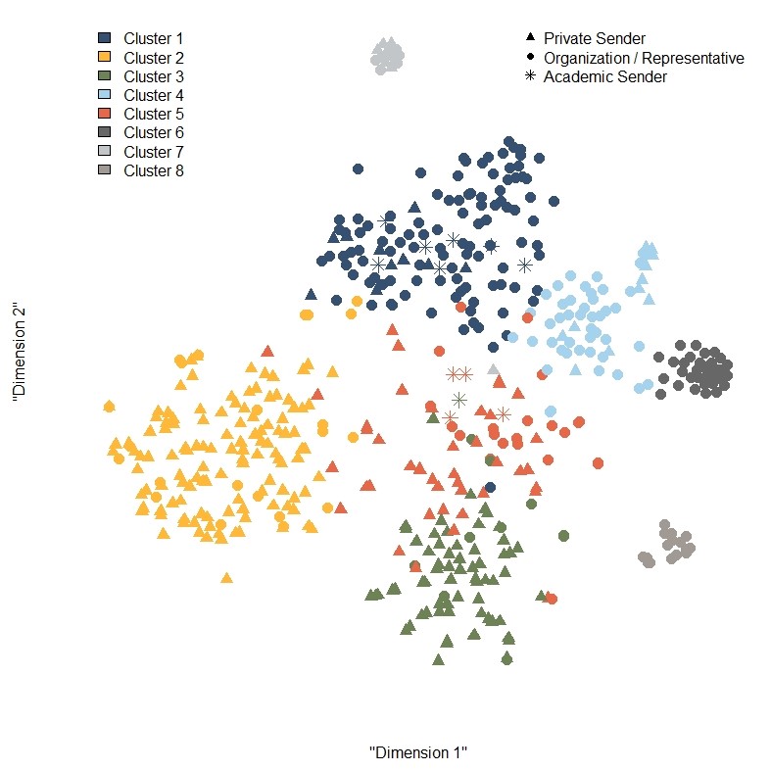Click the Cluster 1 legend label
pyautogui.click(x=154, y=38)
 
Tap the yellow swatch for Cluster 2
pyautogui.click(x=104, y=57)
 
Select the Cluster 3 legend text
pyautogui.click(x=154, y=76)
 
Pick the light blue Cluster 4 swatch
pyautogui.click(x=104, y=95)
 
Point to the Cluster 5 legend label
pyautogui.click(x=154, y=114)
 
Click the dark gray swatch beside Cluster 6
pyautogui.click(x=104, y=132)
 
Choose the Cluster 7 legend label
pyautogui.click(x=154, y=152)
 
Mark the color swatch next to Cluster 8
pyautogui.click(x=104, y=170)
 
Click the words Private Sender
pyautogui.click(x=595, y=38)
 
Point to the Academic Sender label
pyautogui.click(x=605, y=76)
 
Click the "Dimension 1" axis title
pyautogui.click(x=418, y=752)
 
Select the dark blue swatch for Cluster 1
pyautogui.click(x=104, y=38)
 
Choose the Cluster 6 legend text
pyautogui.click(x=154, y=132)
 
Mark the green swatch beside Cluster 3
pyautogui.click(x=104, y=76)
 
